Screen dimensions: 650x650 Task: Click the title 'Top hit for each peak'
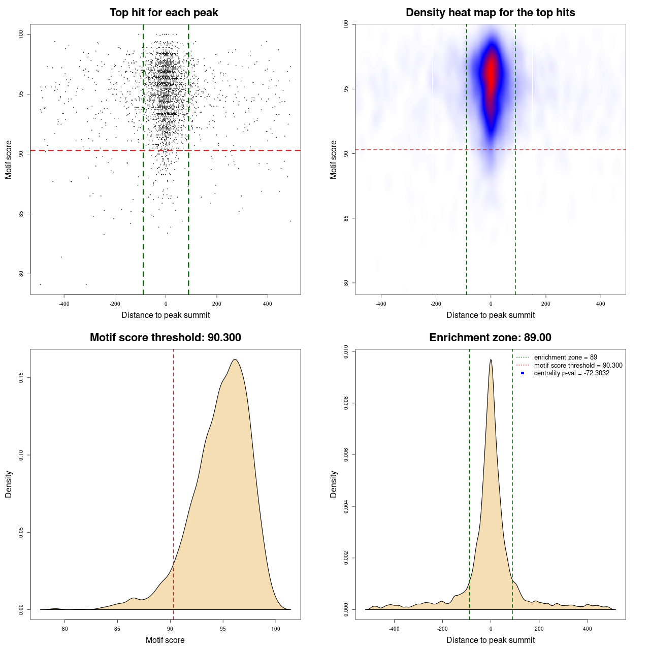tap(164, 13)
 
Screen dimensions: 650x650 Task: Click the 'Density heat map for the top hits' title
tap(490, 13)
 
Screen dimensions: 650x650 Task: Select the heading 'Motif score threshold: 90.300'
tap(165, 338)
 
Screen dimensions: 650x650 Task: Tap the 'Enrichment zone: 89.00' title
tap(490, 338)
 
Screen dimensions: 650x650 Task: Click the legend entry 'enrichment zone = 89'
tap(565, 357)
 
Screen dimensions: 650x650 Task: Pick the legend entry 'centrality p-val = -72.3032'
tap(571, 373)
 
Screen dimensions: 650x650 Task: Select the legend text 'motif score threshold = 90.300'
tap(578, 366)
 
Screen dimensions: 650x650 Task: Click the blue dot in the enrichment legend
tap(523, 373)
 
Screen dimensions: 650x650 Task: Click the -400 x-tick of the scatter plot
tap(64, 304)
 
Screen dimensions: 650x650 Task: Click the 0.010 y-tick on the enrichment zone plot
tap(346, 351)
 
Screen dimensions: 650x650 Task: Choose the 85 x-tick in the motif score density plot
tap(118, 629)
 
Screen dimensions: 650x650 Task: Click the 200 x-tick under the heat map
tap(546, 304)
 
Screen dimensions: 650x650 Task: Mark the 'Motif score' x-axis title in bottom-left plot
tap(165, 640)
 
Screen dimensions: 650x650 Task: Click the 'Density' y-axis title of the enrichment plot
tap(334, 484)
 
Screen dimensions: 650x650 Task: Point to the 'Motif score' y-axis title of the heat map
tap(334, 159)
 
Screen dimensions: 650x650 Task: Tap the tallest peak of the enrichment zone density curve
tap(491, 360)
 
